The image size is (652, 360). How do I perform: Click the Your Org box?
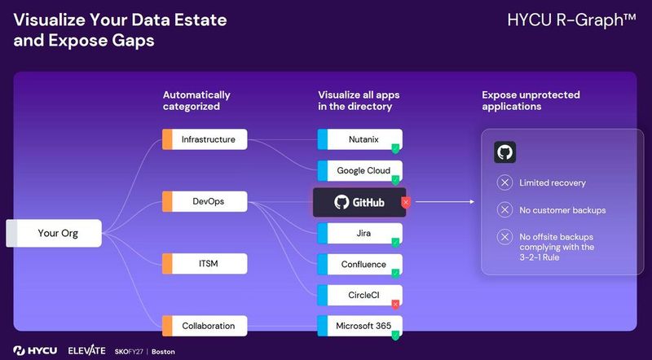click(x=58, y=233)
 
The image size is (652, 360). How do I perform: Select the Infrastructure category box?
click(x=204, y=139)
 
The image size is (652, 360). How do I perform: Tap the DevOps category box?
click(x=204, y=201)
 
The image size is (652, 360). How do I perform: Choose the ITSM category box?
click(x=204, y=263)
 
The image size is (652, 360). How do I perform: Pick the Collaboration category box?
click(x=204, y=326)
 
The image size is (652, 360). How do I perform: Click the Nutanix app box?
click(x=359, y=139)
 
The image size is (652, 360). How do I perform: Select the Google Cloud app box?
click(x=359, y=170)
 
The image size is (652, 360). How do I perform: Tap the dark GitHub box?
click(x=359, y=202)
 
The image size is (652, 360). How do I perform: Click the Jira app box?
click(x=359, y=233)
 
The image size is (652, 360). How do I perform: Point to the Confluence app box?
click(x=359, y=264)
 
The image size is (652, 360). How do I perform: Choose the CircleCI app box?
click(x=359, y=295)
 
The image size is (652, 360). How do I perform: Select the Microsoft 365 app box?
click(x=359, y=326)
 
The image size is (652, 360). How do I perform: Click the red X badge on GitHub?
click(x=405, y=202)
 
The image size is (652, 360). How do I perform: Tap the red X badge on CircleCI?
click(x=395, y=305)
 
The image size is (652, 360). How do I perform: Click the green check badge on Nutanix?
click(x=395, y=149)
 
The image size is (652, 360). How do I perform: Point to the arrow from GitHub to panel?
click(x=444, y=202)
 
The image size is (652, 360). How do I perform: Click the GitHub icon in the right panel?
click(x=505, y=152)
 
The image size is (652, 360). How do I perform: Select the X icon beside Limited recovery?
click(x=505, y=182)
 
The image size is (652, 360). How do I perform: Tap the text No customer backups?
click(x=562, y=210)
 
